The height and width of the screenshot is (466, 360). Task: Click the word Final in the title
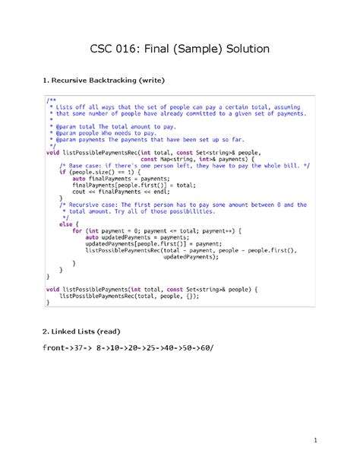[x=156, y=49]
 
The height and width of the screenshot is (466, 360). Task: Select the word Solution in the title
[x=242, y=49]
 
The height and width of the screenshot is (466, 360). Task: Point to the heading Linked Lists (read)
[x=81, y=331]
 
